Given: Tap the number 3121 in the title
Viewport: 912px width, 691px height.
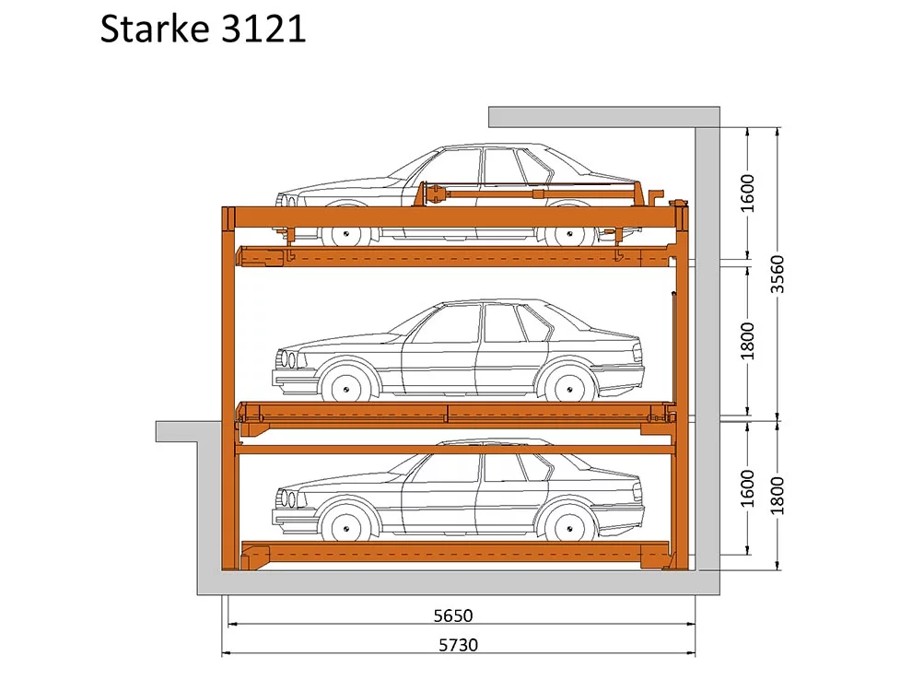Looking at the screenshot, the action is click(263, 29).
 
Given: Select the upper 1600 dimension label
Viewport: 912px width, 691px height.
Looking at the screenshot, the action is click(747, 193).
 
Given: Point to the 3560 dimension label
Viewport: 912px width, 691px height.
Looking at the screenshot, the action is click(778, 274).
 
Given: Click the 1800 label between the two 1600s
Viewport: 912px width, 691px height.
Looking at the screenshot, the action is click(747, 341).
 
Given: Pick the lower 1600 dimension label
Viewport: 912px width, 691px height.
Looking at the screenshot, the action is click(747, 488).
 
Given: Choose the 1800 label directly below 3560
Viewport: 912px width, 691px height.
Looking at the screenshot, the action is click(778, 496).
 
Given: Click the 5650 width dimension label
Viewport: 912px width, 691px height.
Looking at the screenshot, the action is click(453, 615).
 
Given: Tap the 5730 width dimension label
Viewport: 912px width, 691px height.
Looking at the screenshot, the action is click(459, 645).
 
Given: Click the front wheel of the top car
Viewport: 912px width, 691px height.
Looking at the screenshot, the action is click(346, 234).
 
